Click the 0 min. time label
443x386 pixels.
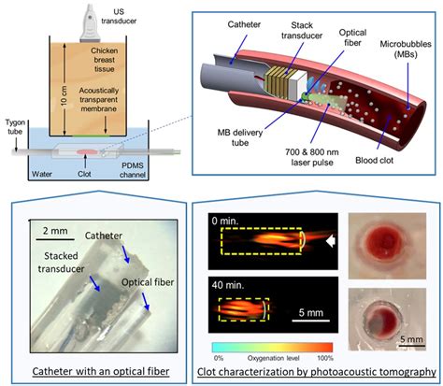pyautogui.click(x=229, y=222)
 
